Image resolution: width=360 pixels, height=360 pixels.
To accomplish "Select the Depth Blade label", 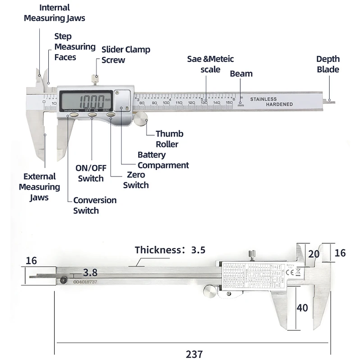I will coord(328,64).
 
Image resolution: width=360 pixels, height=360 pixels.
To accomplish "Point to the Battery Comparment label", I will coord(163,160).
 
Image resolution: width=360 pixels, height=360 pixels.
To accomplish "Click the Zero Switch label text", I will coord(136,180).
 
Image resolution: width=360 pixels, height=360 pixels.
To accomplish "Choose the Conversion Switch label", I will coord(94,205).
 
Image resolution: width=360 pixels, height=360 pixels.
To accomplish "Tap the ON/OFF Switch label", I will coord(90,173).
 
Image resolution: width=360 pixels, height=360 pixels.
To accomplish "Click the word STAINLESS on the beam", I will coord(263,99).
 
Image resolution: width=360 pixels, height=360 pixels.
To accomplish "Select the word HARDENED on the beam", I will coord(279,104).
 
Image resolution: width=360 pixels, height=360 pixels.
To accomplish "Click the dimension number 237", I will coord(194,354).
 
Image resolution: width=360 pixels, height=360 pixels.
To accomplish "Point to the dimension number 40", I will coord(302,307).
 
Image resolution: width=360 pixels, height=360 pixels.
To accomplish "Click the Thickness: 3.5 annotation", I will coord(170,250).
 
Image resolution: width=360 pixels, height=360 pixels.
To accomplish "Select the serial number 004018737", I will coord(85,281).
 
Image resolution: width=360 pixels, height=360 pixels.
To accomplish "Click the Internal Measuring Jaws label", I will coord(54,13).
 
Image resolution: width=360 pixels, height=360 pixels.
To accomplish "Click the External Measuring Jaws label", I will coord(39,187).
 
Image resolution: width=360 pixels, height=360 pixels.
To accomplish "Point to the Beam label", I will coord(241,73).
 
